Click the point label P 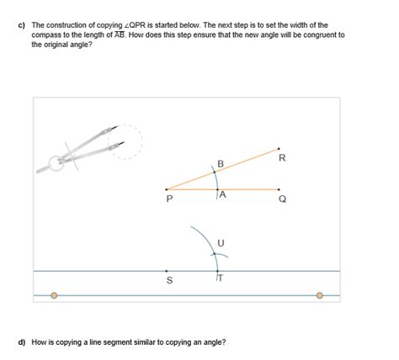click(x=169, y=199)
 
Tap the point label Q click(x=283, y=199)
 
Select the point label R click(x=282, y=158)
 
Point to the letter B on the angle click(x=221, y=164)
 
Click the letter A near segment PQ click(x=222, y=194)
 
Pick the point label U click(x=221, y=243)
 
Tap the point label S click(x=169, y=280)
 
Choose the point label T click(x=221, y=278)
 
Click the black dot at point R click(x=279, y=149)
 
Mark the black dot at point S click(x=167, y=271)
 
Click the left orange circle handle click(x=54, y=295)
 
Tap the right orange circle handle click(x=319, y=295)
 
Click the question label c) click(x=22, y=25)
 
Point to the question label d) click(x=22, y=342)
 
